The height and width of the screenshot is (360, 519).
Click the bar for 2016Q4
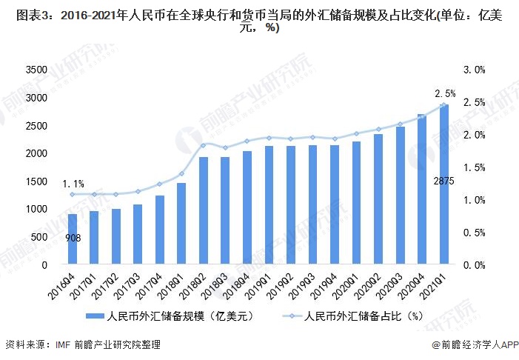click(x=73, y=239)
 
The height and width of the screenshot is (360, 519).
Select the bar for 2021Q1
click(x=443, y=184)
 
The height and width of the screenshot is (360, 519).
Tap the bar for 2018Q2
click(x=203, y=210)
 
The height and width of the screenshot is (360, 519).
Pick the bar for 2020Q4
click(x=422, y=190)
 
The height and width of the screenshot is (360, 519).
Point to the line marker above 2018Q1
click(x=181, y=173)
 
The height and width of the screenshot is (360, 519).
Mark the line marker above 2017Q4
click(x=159, y=184)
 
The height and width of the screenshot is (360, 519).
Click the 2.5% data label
click(x=445, y=94)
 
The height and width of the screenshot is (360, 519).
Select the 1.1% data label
click(x=73, y=183)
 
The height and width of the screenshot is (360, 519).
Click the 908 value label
click(x=73, y=238)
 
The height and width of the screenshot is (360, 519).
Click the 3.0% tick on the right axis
click(x=475, y=70)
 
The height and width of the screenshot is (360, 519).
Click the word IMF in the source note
click(x=65, y=345)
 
